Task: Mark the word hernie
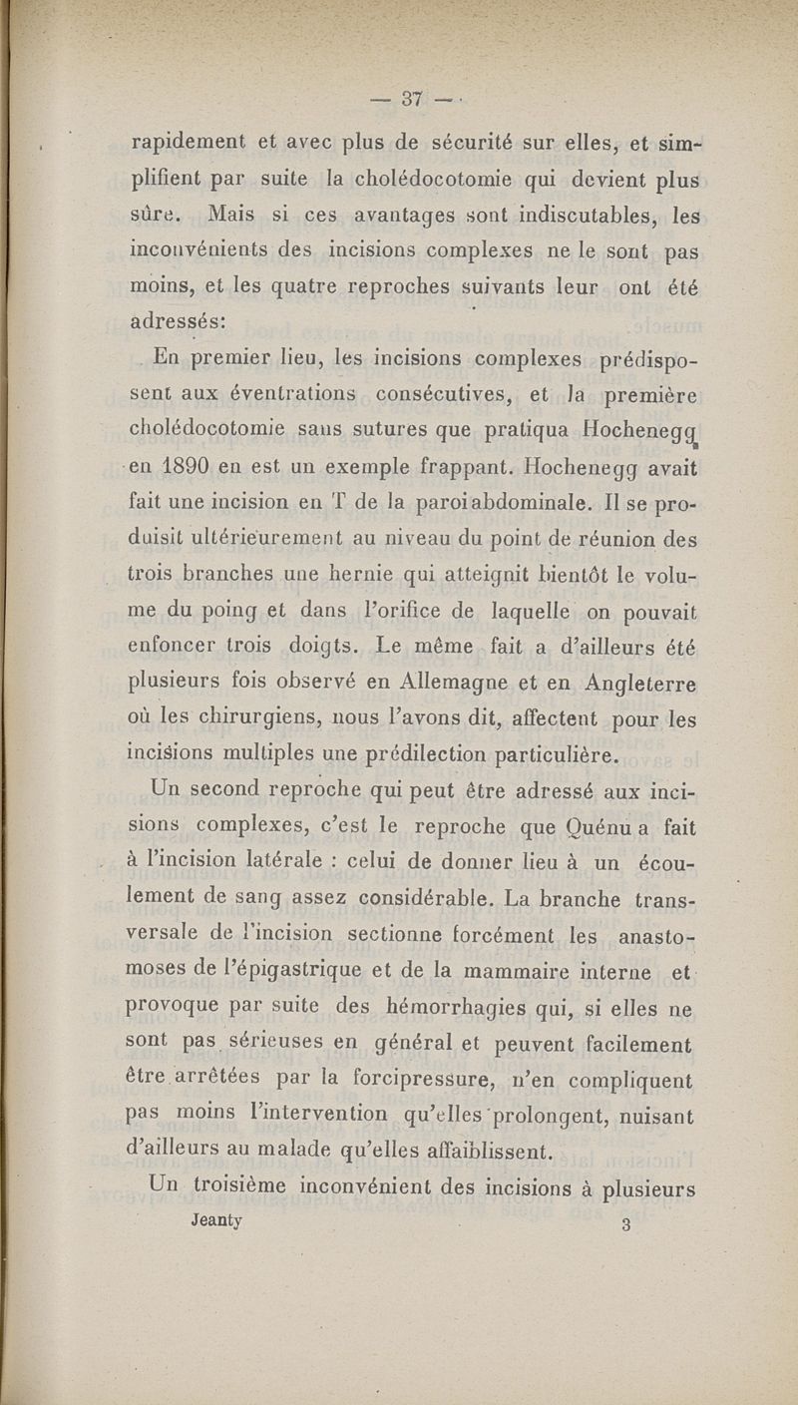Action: [369, 575]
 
